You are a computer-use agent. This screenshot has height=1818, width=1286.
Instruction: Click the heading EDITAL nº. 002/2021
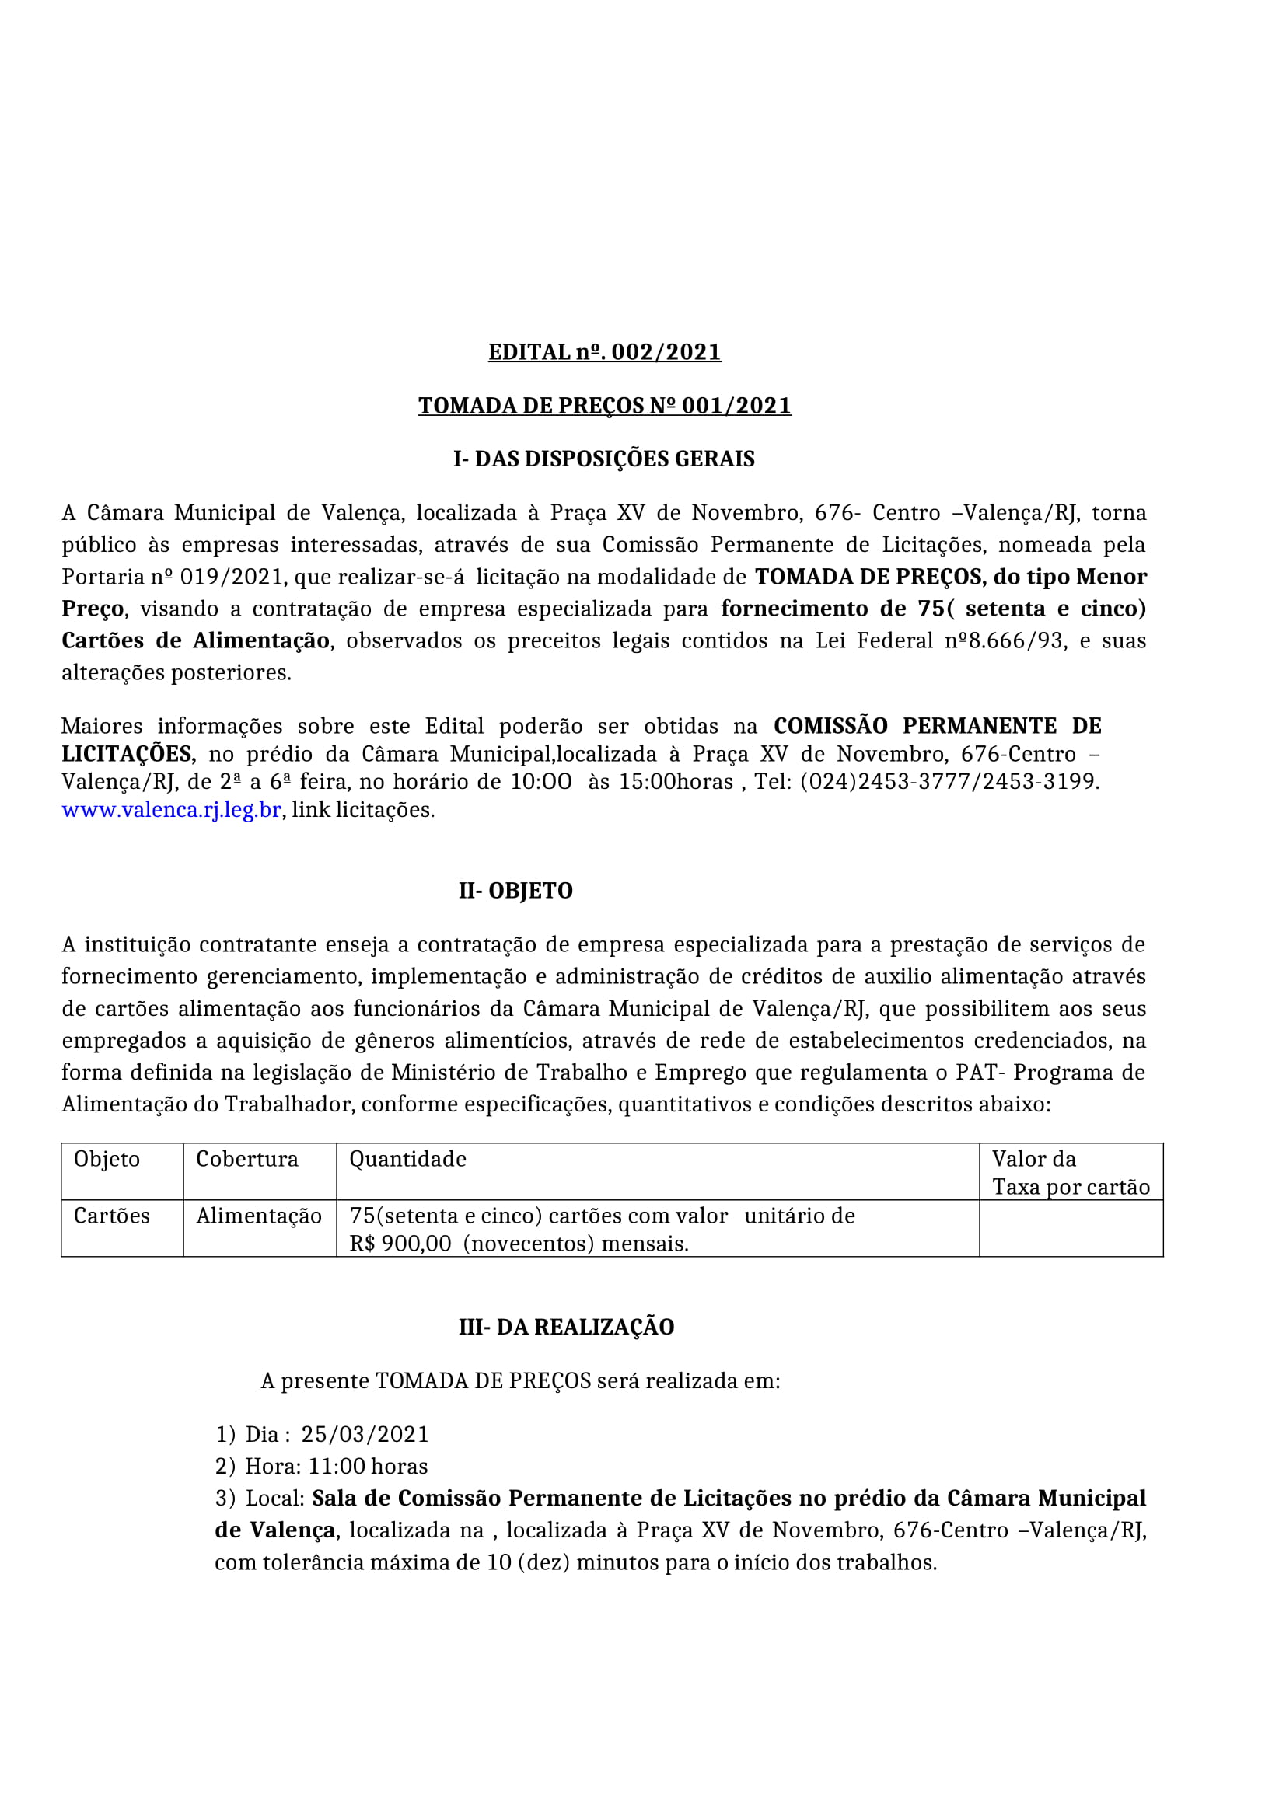[604, 351]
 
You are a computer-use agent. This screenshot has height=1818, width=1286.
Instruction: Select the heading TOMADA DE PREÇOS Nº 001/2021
[604, 406]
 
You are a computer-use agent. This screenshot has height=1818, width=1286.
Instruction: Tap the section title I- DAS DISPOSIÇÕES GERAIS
[603, 459]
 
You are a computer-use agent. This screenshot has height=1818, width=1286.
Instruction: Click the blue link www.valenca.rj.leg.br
[172, 810]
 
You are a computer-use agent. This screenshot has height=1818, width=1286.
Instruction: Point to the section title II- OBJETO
[515, 891]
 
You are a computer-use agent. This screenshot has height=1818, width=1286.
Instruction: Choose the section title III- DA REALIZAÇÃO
[566, 1327]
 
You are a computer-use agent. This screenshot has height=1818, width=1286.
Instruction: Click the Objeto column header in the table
[107, 1159]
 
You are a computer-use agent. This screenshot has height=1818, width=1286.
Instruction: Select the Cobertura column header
[247, 1159]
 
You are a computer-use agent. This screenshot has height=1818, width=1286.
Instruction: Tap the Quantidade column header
[408, 1159]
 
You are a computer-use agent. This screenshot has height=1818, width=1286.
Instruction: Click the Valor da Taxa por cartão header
[1071, 1173]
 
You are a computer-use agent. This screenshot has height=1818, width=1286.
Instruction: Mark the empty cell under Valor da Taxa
[1071, 1229]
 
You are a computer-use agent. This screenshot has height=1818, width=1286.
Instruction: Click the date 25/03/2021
[365, 1434]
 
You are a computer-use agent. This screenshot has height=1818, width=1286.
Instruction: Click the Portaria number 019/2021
[230, 577]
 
